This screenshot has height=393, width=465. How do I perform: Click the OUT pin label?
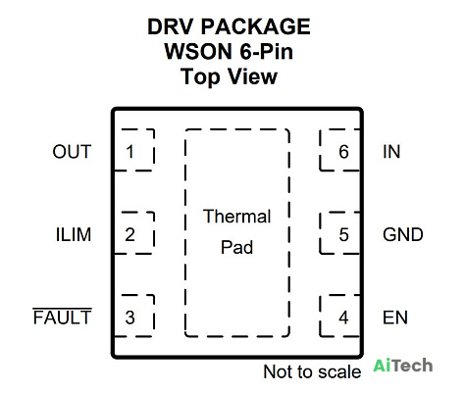coord(72,152)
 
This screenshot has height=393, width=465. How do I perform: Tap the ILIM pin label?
coord(74,234)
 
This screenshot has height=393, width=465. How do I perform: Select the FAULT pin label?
coord(62,317)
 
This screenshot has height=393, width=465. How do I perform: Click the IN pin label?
coord(391,152)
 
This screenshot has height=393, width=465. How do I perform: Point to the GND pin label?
coord(403,234)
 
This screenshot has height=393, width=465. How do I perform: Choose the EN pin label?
coord(395,318)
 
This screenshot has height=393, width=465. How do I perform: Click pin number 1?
coord(129,152)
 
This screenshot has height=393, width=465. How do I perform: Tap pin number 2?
coord(129,234)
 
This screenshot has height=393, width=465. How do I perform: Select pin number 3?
coord(129,318)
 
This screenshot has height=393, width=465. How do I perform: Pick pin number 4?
coord(343,318)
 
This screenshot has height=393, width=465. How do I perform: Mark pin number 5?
coord(343,234)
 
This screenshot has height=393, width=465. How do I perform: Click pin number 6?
coord(343,152)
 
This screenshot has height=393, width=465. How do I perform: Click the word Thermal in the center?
coord(237,217)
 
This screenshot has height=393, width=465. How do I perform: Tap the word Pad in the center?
coord(237,247)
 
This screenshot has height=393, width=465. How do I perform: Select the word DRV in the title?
coord(170,26)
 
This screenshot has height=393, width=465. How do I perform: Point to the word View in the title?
coord(252,76)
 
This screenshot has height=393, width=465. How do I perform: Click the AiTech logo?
coord(403,365)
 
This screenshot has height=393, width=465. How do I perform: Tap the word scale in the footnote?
coord(339,371)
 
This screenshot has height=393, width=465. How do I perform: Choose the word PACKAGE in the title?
coord(255,26)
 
